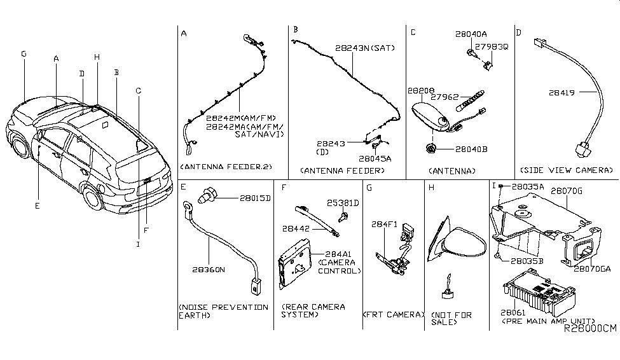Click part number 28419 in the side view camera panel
(562, 93)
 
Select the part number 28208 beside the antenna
(420, 92)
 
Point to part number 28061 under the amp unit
(511, 313)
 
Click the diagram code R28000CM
(590, 328)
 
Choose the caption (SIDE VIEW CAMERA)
(566, 170)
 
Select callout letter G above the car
(24, 54)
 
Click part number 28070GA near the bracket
(592, 269)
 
